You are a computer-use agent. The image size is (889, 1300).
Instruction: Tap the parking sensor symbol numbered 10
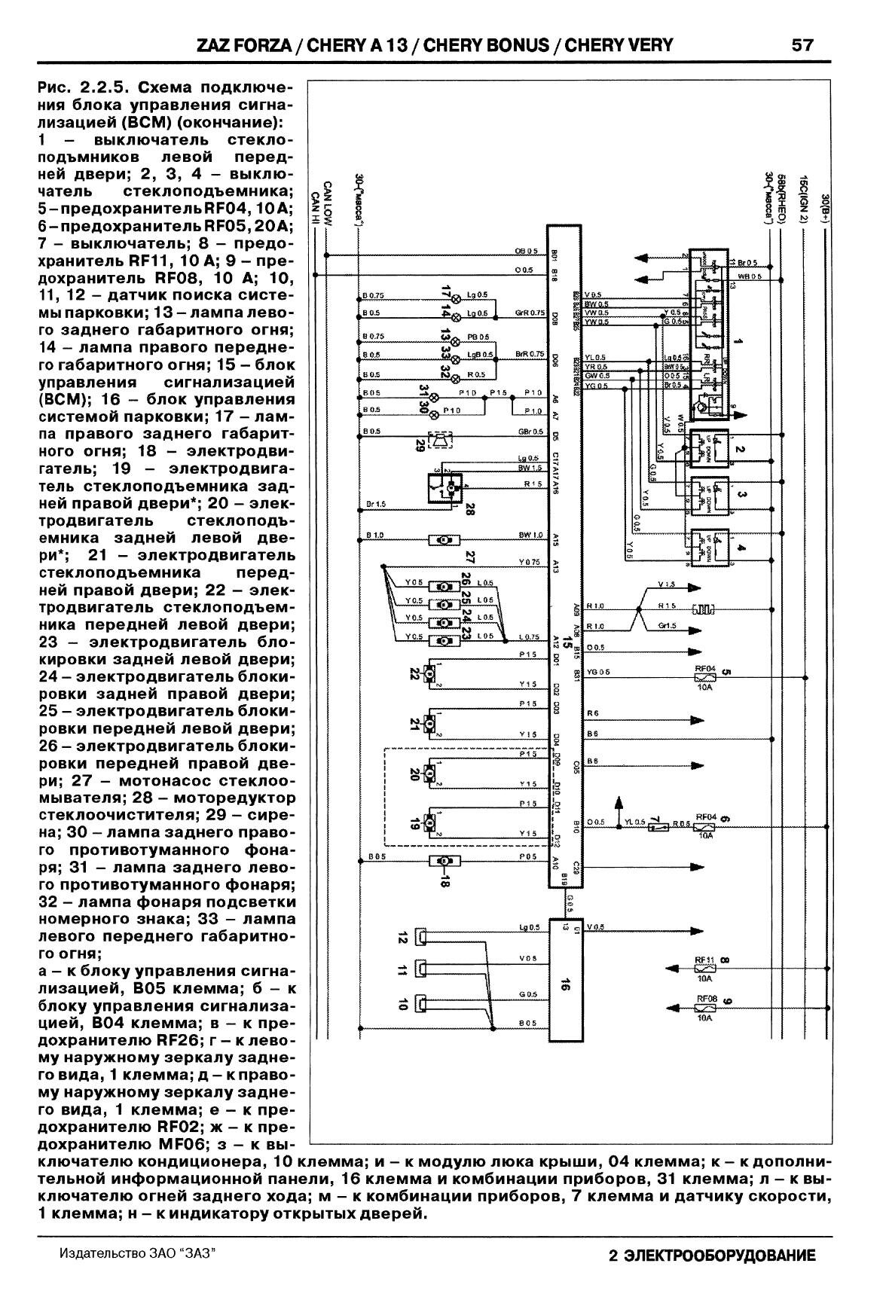(423, 1002)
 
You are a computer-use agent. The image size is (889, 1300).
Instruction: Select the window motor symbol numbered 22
(432, 673)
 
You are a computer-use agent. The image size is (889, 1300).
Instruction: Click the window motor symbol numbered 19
(432, 822)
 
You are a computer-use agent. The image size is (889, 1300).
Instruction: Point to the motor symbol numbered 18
(444, 861)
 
